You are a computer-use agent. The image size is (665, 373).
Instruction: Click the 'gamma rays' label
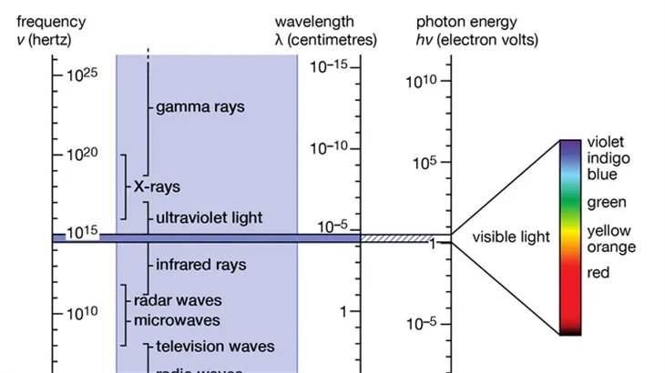coord(199,106)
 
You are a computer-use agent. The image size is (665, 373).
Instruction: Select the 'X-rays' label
coord(157,186)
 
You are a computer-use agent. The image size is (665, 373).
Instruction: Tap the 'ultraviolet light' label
coord(209,218)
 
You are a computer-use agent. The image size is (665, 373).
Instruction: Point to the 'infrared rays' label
coord(200,266)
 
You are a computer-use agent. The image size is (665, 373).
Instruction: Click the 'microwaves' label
coord(177,320)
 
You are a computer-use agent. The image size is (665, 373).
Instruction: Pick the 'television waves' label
coord(215,347)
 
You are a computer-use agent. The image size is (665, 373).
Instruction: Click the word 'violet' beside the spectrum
coord(606,142)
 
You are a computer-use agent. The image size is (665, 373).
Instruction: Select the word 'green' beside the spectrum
coord(606,202)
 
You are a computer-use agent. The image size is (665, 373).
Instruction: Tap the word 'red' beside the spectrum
coord(598,272)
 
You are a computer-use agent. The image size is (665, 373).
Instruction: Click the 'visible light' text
coord(511,237)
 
